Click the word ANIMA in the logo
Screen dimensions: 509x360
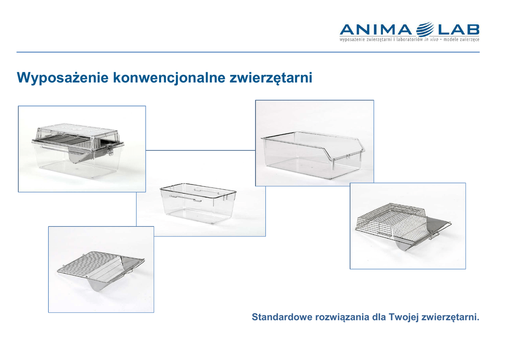coord(376,30)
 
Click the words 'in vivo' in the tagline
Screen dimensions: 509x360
coord(431,40)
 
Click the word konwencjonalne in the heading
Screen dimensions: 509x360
coord(169,78)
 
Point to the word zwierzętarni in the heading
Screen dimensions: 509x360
coord(271,78)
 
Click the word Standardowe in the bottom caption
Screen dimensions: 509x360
coord(282,317)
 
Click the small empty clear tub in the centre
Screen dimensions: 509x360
coord(198,203)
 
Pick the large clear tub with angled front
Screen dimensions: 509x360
coord(313,155)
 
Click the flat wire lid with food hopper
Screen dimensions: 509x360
coord(100,270)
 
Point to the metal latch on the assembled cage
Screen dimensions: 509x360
coord(110,150)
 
